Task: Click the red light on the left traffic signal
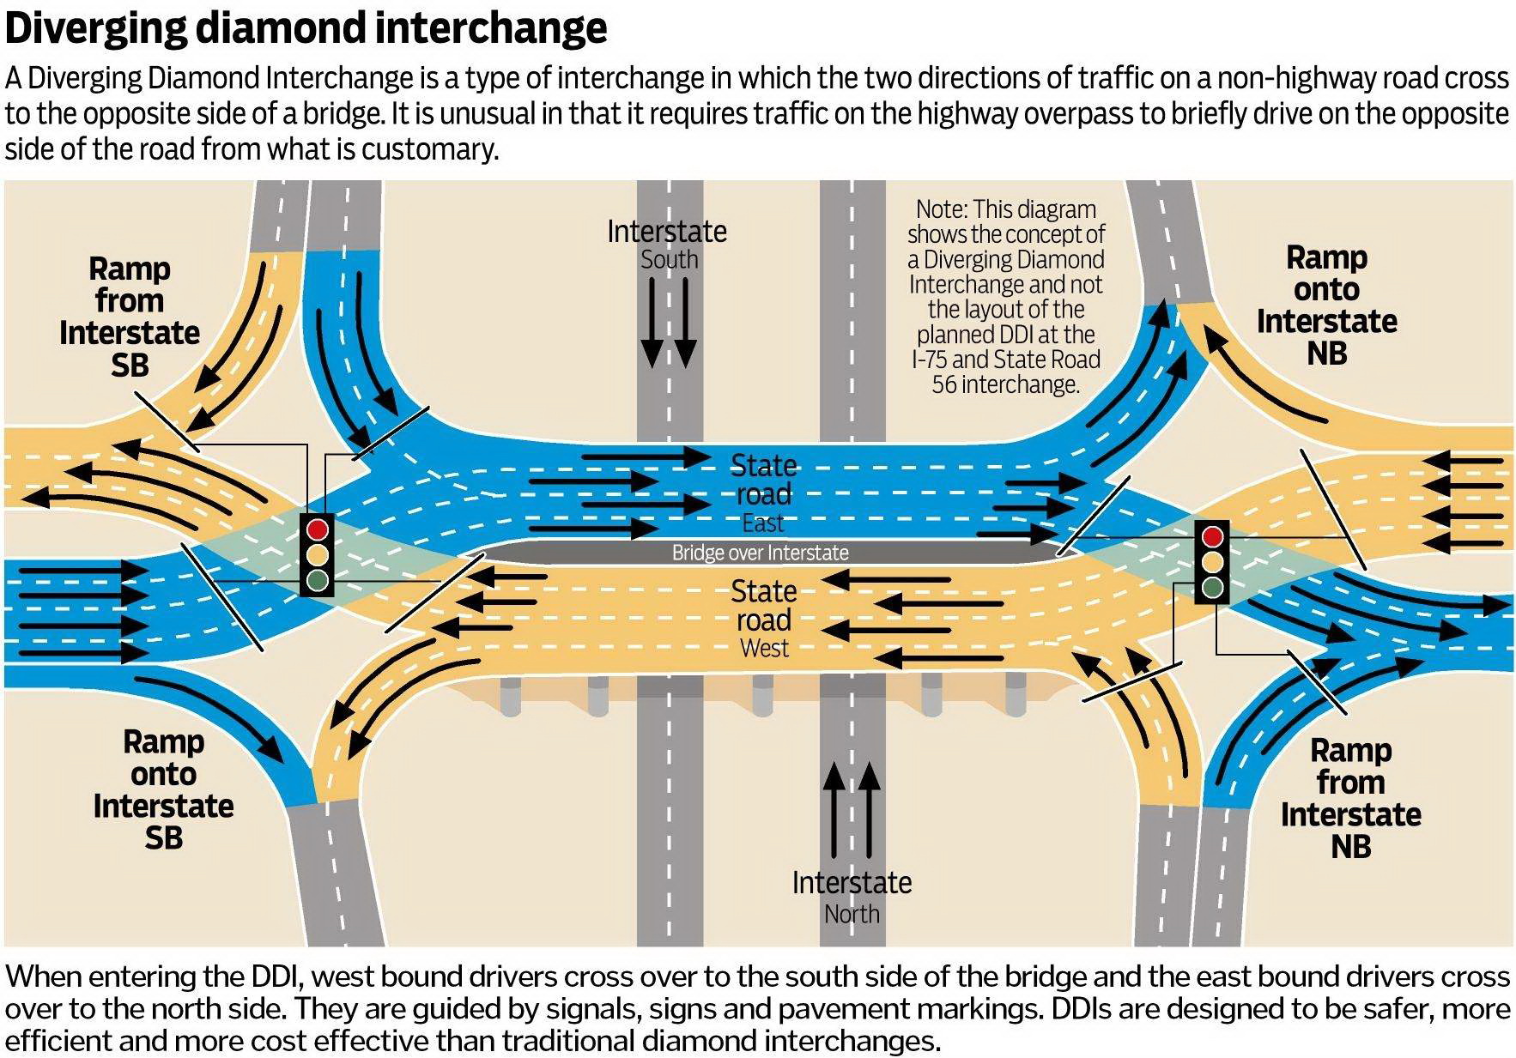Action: (318, 528)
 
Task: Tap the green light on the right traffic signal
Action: (1212, 587)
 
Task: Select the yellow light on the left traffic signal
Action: (318, 553)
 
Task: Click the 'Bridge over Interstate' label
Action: (760, 553)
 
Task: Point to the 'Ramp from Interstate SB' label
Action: (129, 317)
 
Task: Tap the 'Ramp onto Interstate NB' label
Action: (1326, 305)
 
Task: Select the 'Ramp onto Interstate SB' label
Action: (163, 789)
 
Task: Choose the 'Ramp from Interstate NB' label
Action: (1350, 798)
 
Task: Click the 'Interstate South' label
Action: (667, 244)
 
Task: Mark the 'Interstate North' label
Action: (852, 897)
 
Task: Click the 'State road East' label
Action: (763, 493)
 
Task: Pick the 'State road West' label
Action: (763, 619)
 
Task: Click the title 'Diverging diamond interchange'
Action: (306, 27)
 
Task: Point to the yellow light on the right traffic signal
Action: (1212, 562)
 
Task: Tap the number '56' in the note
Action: (945, 384)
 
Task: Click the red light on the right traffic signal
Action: (1212, 536)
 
